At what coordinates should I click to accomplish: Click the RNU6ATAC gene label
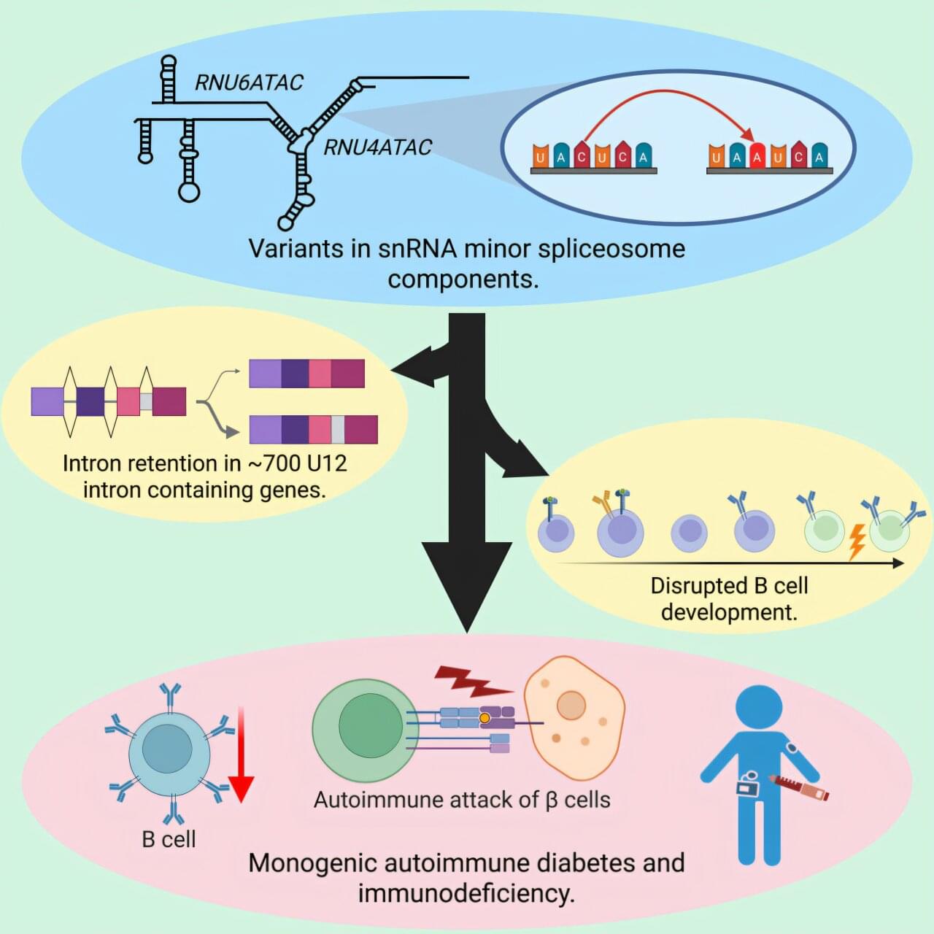(x=248, y=82)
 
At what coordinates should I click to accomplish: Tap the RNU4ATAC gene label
(x=377, y=147)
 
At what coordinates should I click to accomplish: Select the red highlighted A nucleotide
(x=757, y=155)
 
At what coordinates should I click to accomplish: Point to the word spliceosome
(x=611, y=249)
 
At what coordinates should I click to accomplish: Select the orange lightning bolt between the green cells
(x=857, y=541)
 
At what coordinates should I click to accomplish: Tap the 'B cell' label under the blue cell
(x=169, y=839)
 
